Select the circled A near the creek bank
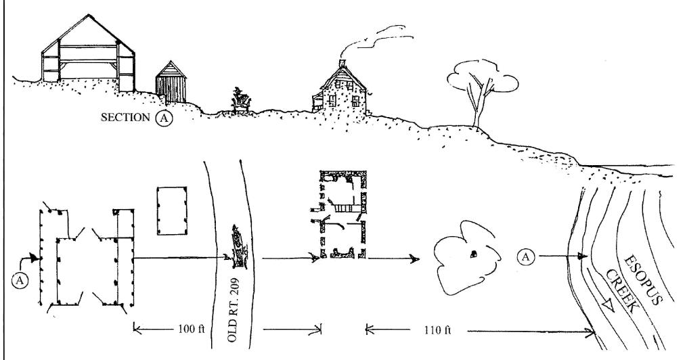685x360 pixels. [x=526, y=256]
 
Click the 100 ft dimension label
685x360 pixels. [x=186, y=330]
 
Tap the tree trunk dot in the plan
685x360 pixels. [x=474, y=253]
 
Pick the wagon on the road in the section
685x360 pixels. [x=240, y=99]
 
